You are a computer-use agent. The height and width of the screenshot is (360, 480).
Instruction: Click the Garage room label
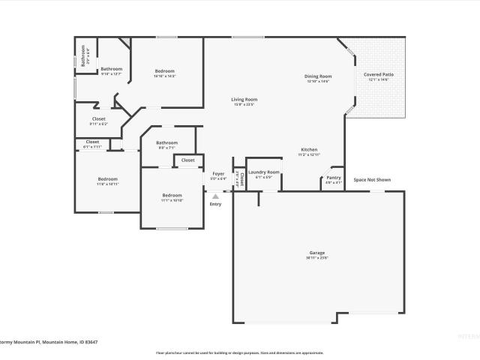pyautogui.click(x=318, y=253)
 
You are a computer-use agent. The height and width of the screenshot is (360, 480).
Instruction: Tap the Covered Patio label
pyautogui.click(x=378, y=75)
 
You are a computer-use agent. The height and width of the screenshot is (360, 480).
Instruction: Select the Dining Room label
pyautogui.click(x=318, y=76)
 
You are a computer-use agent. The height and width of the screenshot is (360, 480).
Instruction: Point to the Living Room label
pyautogui.click(x=244, y=100)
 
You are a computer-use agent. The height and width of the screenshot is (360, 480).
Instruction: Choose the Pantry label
pyautogui.click(x=333, y=178)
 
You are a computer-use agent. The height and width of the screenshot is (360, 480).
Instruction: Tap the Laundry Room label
pyautogui.click(x=263, y=172)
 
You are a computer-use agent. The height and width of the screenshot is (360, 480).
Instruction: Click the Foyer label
pyautogui.click(x=218, y=174)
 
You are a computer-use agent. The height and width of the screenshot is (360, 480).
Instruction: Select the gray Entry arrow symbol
pyautogui.click(x=215, y=196)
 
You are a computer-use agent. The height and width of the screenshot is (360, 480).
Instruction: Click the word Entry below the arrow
pyautogui.click(x=215, y=204)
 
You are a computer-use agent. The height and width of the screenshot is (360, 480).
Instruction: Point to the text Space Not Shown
pyautogui.click(x=372, y=180)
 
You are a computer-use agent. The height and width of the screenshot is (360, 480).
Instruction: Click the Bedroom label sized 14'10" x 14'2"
pyautogui.click(x=164, y=71)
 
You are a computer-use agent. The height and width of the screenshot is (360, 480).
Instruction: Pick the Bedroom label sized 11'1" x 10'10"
pyautogui.click(x=172, y=196)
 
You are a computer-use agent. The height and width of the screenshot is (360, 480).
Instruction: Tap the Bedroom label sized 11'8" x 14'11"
pyautogui.click(x=107, y=178)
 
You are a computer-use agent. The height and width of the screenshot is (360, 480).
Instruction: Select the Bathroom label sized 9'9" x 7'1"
pyautogui.click(x=166, y=142)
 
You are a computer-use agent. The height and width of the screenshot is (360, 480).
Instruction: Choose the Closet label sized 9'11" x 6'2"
pyautogui.click(x=99, y=118)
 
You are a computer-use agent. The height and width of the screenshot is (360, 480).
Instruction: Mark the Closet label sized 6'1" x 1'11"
pyautogui.click(x=92, y=142)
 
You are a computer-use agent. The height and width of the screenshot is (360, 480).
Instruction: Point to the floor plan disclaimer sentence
pyautogui.click(x=239, y=352)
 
